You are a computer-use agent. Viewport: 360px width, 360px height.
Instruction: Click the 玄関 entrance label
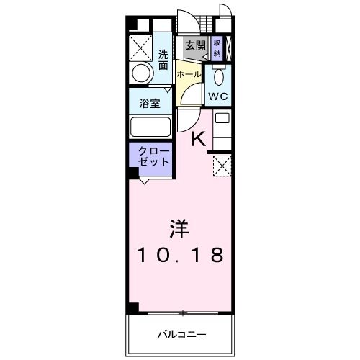click(x=195, y=45)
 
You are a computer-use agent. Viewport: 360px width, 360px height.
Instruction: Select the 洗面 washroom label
click(x=163, y=59)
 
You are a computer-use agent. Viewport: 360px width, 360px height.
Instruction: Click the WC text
click(x=218, y=96)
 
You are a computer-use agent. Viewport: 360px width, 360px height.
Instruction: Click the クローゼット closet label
click(x=150, y=156)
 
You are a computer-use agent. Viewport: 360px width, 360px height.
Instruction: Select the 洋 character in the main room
click(x=180, y=230)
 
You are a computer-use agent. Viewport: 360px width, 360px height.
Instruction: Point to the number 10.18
click(x=180, y=256)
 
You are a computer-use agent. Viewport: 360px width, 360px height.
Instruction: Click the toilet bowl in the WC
click(x=219, y=76)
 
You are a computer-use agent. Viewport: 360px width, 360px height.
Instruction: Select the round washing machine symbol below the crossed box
click(x=142, y=71)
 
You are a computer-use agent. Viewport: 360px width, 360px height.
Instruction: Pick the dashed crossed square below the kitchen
click(x=222, y=167)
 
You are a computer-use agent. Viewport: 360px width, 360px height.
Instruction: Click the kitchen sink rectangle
click(x=222, y=117)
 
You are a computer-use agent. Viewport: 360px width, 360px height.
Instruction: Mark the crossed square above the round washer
click(x=140, y=46)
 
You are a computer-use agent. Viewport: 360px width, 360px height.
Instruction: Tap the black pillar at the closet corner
click(x=133, y=173)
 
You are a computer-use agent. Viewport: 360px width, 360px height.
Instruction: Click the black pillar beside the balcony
click(x=133, y=307)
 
